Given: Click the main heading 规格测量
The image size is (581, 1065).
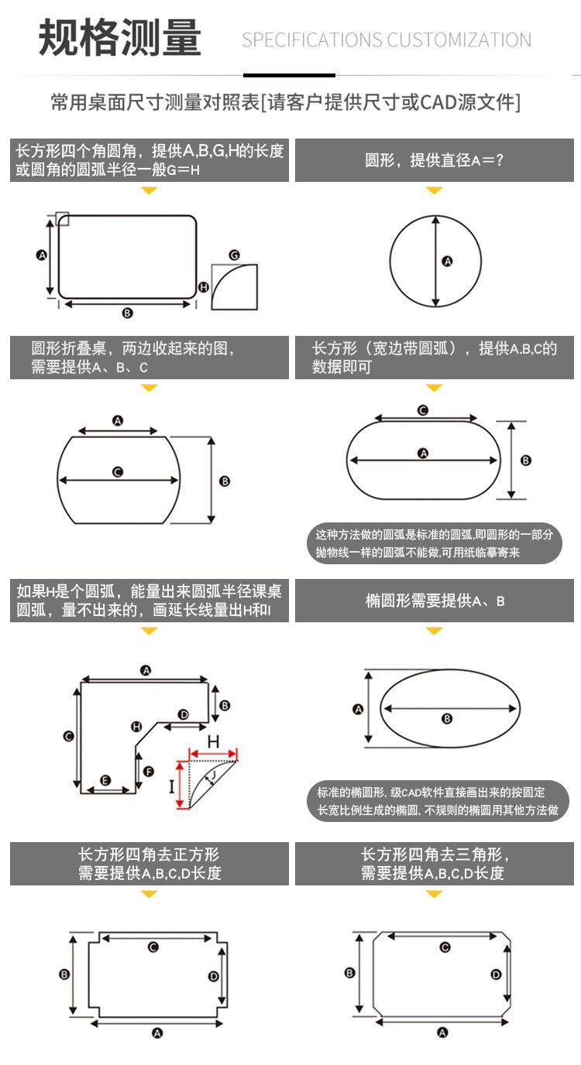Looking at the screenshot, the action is pos(120,38).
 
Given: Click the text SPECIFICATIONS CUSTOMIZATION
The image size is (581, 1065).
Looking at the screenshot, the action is pos(387,40).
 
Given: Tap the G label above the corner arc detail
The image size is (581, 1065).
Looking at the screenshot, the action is pos(234,255).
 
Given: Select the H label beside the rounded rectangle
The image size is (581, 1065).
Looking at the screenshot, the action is pos(204,286).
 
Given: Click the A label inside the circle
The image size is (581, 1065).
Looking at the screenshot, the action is pos(447,262).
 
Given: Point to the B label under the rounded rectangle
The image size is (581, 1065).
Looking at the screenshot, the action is pos(127,313).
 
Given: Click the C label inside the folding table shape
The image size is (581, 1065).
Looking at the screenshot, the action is pos(118,471).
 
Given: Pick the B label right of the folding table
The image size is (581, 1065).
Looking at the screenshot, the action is pos(225,481).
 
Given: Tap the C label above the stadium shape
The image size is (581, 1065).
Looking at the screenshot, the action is pos(423,410).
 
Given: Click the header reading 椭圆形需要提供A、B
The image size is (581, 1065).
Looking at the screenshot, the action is pos(435,601).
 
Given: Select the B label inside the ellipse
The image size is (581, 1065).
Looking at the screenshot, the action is pos(447,719).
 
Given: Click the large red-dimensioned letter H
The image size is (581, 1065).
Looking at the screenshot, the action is pos(213,741).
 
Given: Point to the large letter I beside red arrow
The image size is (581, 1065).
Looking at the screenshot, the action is pos(172,787).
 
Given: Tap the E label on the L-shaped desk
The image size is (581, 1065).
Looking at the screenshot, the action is pos(106,780).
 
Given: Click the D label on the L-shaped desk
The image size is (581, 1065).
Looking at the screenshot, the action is pos(183,714).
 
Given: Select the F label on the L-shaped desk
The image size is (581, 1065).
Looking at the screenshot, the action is pos(149,771).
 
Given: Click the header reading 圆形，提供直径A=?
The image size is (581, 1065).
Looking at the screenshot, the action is pos(435,161).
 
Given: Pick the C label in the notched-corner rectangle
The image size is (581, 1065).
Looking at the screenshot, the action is pos(153,947).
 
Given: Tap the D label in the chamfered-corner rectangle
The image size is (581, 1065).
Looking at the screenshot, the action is pos(497,974).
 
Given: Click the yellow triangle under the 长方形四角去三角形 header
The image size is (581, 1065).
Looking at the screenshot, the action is pos(435,895).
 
